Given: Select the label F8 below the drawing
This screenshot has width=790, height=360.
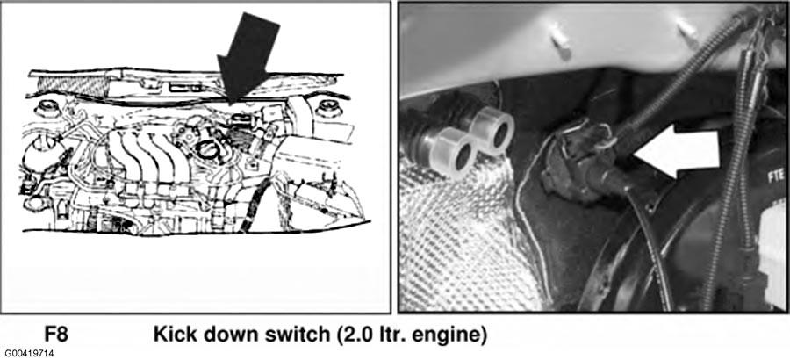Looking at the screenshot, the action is click(x=56, y=335).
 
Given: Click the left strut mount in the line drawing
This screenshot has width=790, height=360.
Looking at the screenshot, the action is click(x=47, y=110).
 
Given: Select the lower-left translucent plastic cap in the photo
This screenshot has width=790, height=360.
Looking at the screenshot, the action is click(x=453, y=152).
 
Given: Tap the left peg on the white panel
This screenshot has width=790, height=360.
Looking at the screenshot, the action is click(x=559, y=41).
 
